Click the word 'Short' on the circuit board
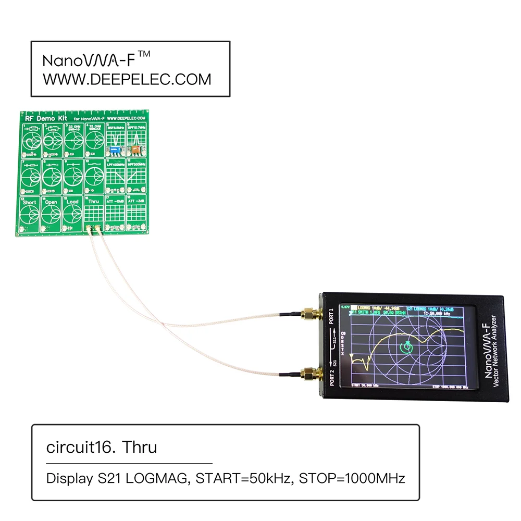coord(30,202)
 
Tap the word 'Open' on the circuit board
coord(51,202)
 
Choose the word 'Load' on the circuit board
coord(72,202)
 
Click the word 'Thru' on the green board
coord(94,202)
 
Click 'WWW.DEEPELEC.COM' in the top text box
coord(127,79)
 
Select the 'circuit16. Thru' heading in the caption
coord(102,447)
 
